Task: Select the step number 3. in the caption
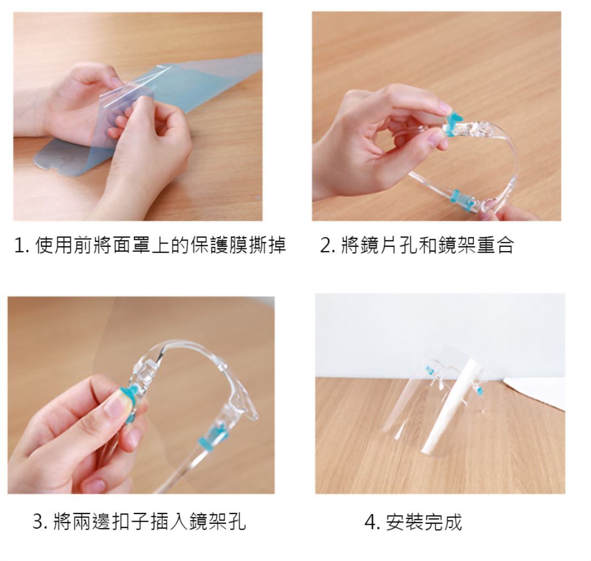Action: click(40, 522)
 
